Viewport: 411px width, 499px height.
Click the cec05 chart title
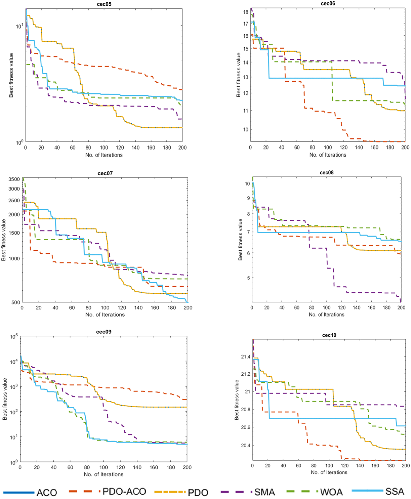tap(104, 4)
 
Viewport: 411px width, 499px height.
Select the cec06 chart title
tap(328, 4)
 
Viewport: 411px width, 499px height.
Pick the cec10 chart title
tap(329, 335)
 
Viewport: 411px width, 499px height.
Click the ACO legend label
tap(47, 493)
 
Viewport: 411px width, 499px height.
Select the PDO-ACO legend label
tap(124, 492)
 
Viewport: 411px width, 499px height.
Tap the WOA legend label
tap(331, 492)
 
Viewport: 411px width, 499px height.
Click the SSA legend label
tap(395, 492)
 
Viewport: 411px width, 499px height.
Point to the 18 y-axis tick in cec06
tap(246, 12)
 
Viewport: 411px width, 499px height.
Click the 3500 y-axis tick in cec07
tap(14, 179)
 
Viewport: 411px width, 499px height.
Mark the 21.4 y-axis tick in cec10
tap(246, 357)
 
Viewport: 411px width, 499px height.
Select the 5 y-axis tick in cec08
tap(248, 278)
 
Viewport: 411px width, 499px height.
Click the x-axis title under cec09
tap(104, 474)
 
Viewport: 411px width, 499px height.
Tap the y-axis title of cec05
tap(11, 75)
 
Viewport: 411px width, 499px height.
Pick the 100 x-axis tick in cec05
tap(104, 148)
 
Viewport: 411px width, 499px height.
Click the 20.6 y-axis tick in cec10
tap(246, 427)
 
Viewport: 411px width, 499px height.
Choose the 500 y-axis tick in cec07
tap(16, 302)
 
